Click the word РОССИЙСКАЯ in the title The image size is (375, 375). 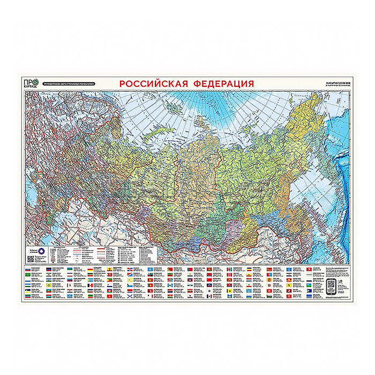(152, 84)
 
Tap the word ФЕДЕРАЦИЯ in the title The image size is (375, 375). (220, 84)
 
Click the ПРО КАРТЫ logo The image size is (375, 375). (31, 83)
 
